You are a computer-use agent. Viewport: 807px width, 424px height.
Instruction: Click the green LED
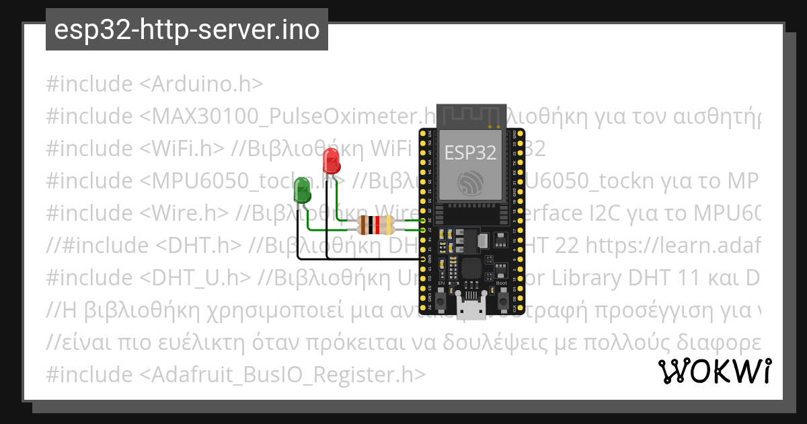coord(303,190)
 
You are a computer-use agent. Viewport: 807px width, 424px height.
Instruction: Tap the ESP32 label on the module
coord(471,153)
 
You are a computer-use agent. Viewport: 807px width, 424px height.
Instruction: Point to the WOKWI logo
coord(714,371)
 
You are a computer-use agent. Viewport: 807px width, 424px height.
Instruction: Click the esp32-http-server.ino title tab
coord(186,30)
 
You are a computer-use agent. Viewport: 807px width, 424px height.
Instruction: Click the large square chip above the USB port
coord(473,270)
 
